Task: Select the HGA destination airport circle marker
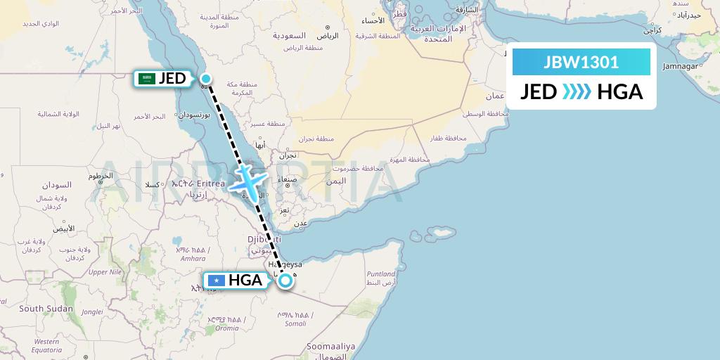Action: pyautogui.click(x=285, y=281)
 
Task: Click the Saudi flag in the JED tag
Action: pyautogui.click(x=148, y=78)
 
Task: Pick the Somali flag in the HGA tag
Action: pyautogui.click(x=216, y=281)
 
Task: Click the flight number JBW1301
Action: pyautogui.click(x=581, y=62)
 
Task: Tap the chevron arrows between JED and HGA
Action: pyautogui.click(x=577, y=92)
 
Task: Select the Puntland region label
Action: pyautogui.click(x=380, y=274)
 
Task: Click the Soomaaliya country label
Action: pyautogui.click(x=331, y=347)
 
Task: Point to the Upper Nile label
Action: pyautogui.click(x=105, y=271)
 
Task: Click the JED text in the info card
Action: pyautogui.click(x=539, y=92)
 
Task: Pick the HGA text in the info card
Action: pyautogui.click(x=619, y=92)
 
